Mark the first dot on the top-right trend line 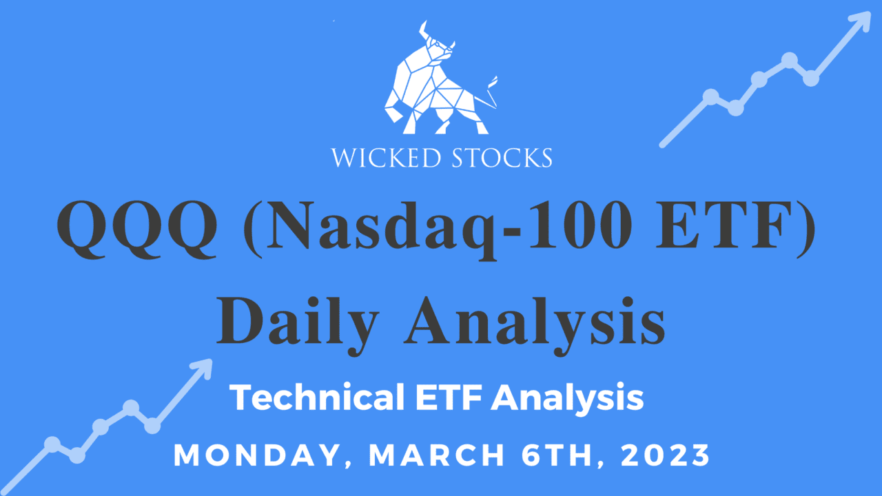(x=710, y=96)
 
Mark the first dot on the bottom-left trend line (x=52, y=444)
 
